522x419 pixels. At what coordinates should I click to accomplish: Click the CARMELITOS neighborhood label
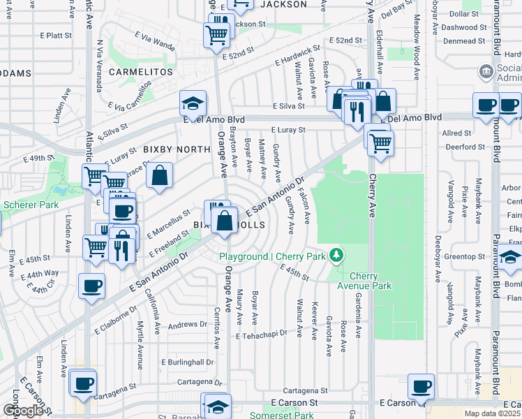[140, 72]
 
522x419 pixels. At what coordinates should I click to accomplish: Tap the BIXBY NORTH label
[177, 149]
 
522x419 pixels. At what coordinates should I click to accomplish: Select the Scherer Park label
[25, 205]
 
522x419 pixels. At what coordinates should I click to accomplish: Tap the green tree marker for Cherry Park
[337, 256]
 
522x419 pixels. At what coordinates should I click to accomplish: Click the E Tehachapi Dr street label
[262, 336]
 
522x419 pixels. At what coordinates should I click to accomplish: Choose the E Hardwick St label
[297, 57]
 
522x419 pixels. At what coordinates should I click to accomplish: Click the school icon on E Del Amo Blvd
[193, 105]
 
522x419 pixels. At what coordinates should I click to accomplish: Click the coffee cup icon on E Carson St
[421, 386]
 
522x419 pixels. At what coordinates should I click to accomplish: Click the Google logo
[23, 411]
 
